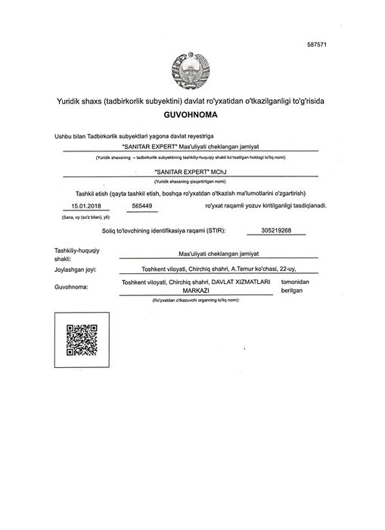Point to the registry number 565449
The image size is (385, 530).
click(141, 205)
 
